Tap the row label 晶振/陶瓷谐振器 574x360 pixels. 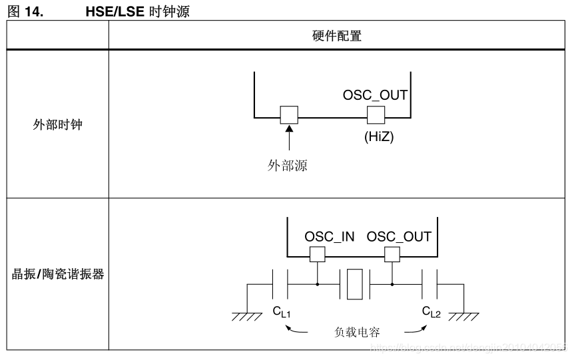(58, 273)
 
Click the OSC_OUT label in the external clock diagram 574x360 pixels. (375, 95)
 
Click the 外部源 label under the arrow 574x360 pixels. (288, 166)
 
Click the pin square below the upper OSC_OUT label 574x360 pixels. (376, 114)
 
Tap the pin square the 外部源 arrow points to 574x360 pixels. (288, 114)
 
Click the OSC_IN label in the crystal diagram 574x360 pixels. (330, 236)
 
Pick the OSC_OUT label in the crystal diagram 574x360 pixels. (399, 236)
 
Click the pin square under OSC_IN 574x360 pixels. (317, 254)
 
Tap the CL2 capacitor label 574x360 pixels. (431, 311)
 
